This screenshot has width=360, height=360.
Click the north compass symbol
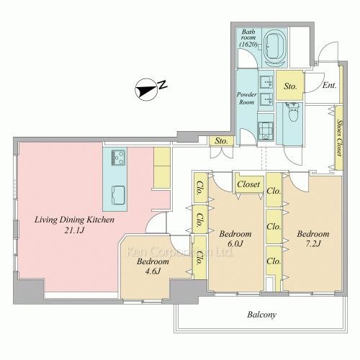click(150, 89)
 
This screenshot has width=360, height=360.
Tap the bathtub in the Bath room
click(274, 48)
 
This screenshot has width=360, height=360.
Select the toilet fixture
click(292, 112)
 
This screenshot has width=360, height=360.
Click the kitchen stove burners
click(118, 158)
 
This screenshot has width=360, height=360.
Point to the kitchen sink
click(118, 195)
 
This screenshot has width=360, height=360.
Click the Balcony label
click(262, 315)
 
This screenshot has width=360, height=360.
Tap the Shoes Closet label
click(339, 138)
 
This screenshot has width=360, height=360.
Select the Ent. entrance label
click(329, 85)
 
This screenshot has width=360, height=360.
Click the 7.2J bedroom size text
click(313, 244)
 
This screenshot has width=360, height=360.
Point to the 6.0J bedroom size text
click(235, 244)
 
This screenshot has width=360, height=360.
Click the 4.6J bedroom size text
click(153, 271)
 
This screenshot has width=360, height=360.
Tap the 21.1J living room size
click(74, 230)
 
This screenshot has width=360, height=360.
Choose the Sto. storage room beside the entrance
click(290, 85)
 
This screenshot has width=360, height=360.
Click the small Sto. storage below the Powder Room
click(221, 141)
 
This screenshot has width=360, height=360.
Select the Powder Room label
click(247, 98)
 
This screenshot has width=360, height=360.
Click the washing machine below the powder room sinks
click(266, 131)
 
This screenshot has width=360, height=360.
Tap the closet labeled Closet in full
click(248, 184)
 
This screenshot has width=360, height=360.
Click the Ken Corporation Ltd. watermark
click(179, 252)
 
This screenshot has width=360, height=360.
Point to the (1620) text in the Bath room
click(248, 44)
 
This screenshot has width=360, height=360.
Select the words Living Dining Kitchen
click(74, 220)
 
